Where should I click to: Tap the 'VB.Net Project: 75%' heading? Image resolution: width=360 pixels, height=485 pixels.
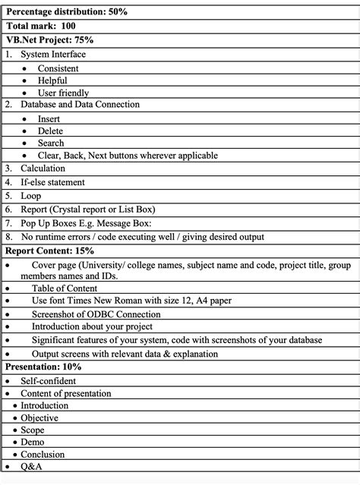pos(49,40)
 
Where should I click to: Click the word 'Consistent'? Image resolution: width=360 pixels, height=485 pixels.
pos(58,68)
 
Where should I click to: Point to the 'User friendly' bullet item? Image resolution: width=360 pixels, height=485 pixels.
pos(64,93)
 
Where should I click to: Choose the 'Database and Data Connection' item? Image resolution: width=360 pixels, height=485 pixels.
pos(80,105)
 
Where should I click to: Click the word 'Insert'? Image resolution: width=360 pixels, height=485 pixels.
pos(49,118)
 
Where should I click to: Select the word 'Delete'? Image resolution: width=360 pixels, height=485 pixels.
pos(51,131)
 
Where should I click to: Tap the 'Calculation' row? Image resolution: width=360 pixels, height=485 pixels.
pos(43,168)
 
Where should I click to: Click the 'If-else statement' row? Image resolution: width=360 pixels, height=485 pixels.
pos(52,182)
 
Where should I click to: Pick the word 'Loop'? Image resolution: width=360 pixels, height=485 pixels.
pos(31,196)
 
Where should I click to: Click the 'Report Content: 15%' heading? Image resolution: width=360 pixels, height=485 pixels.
pos(50,250)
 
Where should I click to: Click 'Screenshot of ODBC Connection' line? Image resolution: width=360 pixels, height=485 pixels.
pos(96,314)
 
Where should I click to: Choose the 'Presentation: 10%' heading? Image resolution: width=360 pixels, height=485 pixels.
pos(43,367)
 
